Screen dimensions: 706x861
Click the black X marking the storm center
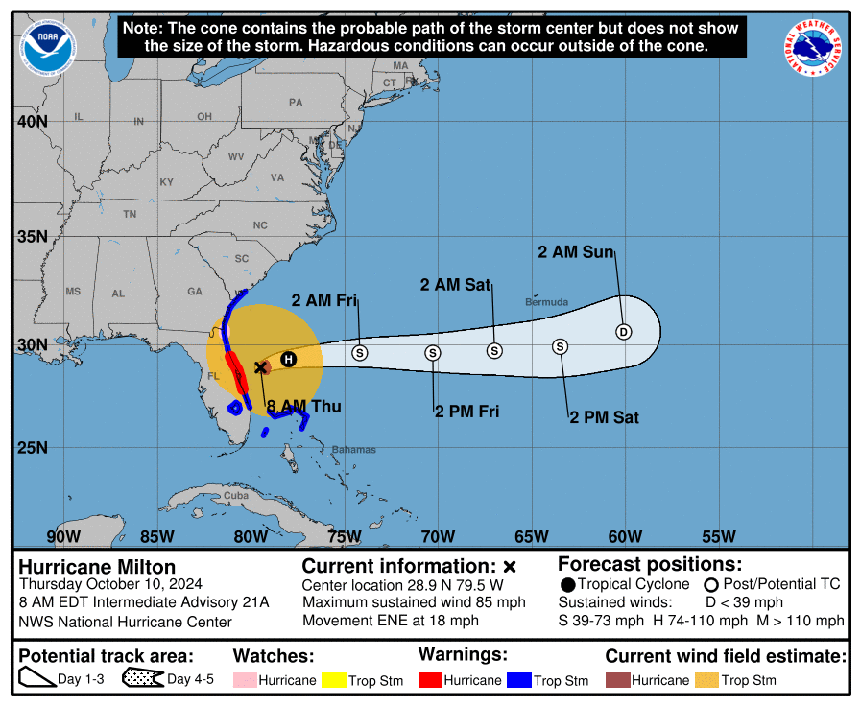pyautogui.click(x=260, y=366)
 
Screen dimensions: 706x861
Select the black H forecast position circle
pyautogui.click(x=288, y=359)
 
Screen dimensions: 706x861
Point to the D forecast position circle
pyautogui.click(x=624, y=332)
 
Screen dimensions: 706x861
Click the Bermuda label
pyautogui.click(x=546, y=301)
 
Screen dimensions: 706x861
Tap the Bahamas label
pyautogui.click(x=353, y=450)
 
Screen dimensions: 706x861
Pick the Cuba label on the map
pyautogui.click(x=235, y=496)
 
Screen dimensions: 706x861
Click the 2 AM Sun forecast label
pyautogui.click(x=575, y=252)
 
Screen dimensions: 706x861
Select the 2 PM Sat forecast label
pyautogui.click(x=604, y=417)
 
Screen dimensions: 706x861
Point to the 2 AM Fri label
pyautogui.click(x=324, y=300)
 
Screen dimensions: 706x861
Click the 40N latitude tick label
pyautogui.click(x=31, y=122)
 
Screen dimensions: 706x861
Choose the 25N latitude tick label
pyautogui.click(x=31, y=448)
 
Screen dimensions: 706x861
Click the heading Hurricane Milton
pyautogui.click(x=97, y=567)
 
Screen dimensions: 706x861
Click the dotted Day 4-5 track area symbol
pyautogui.click(x=141, y=679)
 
